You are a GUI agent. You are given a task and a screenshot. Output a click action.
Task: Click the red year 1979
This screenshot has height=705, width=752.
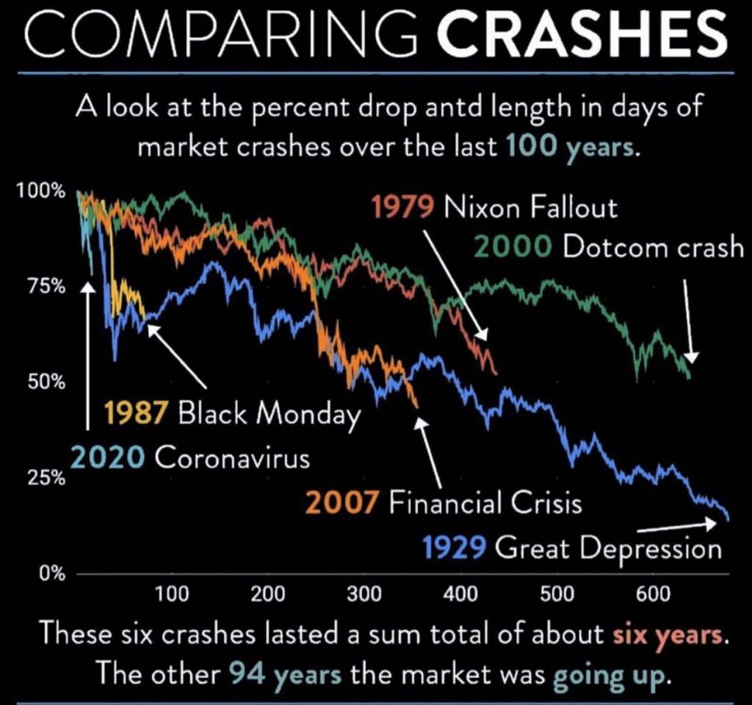coord(402,208)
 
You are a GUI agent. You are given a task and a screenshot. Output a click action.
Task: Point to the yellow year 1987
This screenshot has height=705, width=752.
coord(137,414)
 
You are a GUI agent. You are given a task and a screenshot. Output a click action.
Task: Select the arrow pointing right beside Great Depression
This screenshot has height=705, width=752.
coord(676,526)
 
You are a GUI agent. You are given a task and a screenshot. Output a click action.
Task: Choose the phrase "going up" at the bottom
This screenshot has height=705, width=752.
coord(622,672)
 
